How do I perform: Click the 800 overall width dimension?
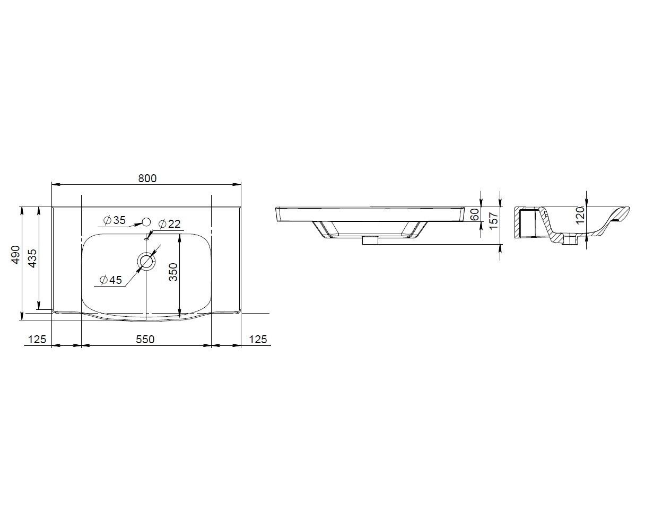147,178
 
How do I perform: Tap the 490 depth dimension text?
15,254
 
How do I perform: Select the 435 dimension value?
32,258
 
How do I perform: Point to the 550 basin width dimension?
145,339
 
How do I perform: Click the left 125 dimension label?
37,339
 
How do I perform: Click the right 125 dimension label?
258,339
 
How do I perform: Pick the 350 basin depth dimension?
173,272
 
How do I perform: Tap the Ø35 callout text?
115,220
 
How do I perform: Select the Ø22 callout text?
170,224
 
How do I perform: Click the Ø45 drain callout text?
111,280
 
